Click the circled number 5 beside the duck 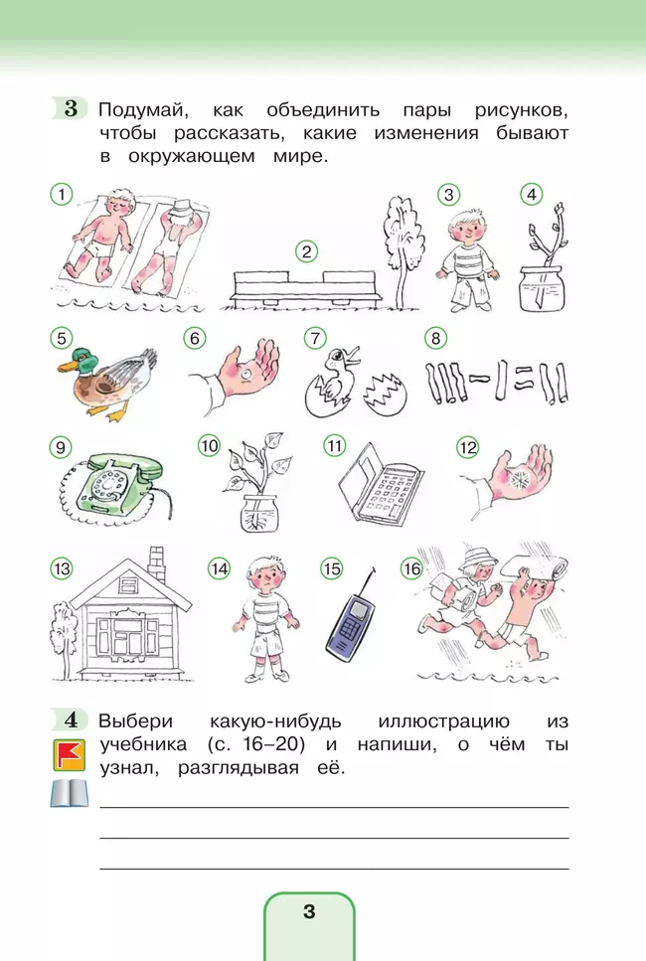[62, 338]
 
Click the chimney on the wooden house [156, 563]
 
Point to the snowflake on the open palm [519, 480]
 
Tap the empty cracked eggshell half [385, 394]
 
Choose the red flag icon [69, 754]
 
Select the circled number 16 [411, 568]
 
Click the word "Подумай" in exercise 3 [143, 110]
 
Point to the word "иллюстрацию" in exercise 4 [443, 721]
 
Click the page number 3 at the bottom [309, 911]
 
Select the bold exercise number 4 [72, 720]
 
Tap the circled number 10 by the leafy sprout [209, 445]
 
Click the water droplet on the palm [247, 373]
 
